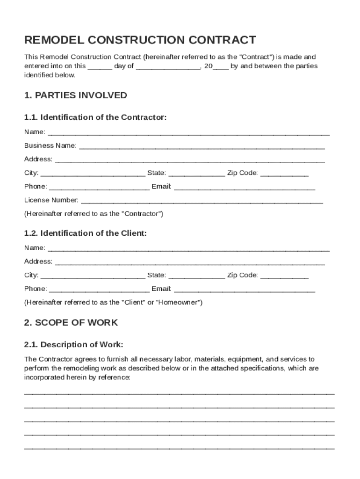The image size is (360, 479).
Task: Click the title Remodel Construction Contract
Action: [x=140, y=40]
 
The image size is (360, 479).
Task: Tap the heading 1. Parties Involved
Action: [x=76, y=95]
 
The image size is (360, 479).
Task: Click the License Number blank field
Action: [x=202, y=202]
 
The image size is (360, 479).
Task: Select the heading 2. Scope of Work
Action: [x=71, y=323]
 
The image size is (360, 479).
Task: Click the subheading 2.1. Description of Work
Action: [x=74, y=345]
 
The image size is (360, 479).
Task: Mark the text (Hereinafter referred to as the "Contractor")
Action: [x=94, y=214]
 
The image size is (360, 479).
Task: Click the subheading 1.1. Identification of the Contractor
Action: [x=95, y=117]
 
